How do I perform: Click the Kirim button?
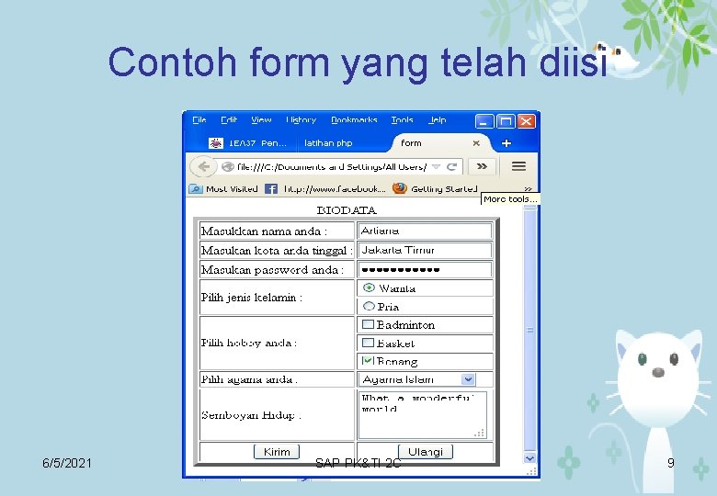(277, 452)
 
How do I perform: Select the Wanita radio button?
(370, 287)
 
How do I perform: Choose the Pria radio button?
(370, 306)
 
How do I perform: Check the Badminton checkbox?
(369, 324)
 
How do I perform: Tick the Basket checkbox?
(369, 343)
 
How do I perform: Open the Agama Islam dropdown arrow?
(468, 379)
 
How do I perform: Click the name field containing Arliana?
(425, 231)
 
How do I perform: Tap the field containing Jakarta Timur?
(425, 250)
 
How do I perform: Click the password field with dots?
(425, 270)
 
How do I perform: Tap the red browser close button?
(527, 120)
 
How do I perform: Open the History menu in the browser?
(301, 120)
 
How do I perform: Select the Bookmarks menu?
(354, 120)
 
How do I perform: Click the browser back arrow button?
(201, 166)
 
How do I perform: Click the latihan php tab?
(328, 143)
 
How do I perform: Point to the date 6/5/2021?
(67, 463)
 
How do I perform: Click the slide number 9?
(670, 463)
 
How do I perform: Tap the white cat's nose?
(659, 373)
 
